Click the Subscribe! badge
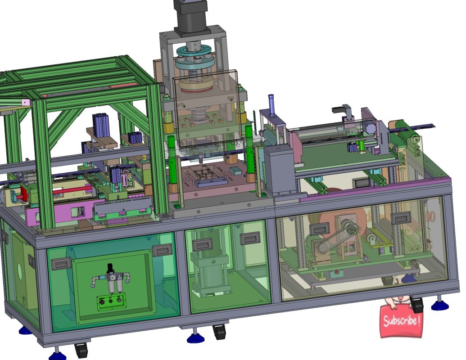[x=402, y=320]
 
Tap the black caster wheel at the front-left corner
[x=81, y=350]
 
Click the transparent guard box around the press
[x=205, y=108]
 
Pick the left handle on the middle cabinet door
[x=203, y=244]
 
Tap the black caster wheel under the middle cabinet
[x=220, y=332]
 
